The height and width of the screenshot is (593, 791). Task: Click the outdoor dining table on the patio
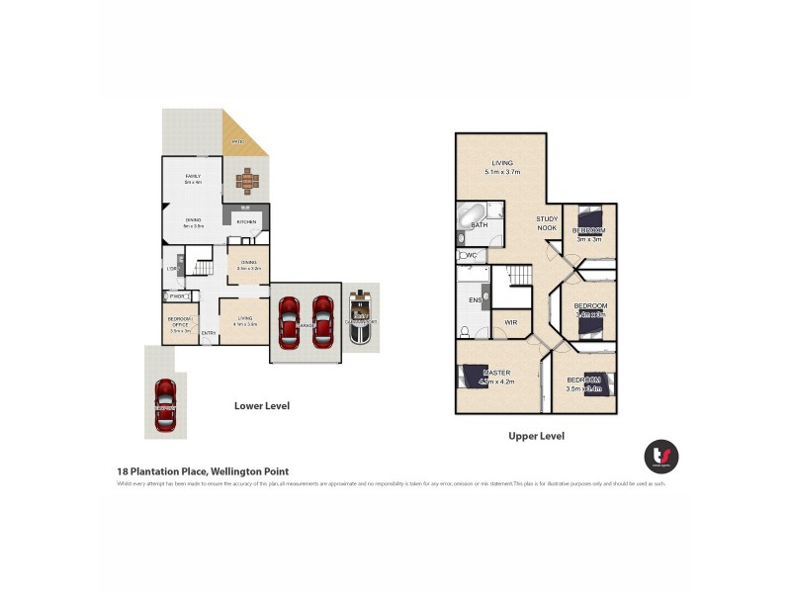246,181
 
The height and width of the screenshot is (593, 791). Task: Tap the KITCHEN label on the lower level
246,222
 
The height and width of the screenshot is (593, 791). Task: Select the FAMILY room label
193,177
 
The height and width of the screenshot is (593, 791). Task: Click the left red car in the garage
289,321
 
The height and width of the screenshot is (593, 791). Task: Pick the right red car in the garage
322,321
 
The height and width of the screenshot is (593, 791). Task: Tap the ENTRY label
209,333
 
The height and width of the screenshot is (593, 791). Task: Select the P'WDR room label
179,296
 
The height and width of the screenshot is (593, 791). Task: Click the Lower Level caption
262,405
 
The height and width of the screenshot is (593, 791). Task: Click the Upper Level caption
536,435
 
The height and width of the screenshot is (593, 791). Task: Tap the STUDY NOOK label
547,224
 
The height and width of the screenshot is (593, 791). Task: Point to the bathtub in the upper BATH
471,212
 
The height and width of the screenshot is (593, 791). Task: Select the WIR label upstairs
511,322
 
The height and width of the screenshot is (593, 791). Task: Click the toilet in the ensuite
465,331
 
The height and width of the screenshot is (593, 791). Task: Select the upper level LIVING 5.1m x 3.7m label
502,167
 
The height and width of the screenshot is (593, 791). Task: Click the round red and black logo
661,456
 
